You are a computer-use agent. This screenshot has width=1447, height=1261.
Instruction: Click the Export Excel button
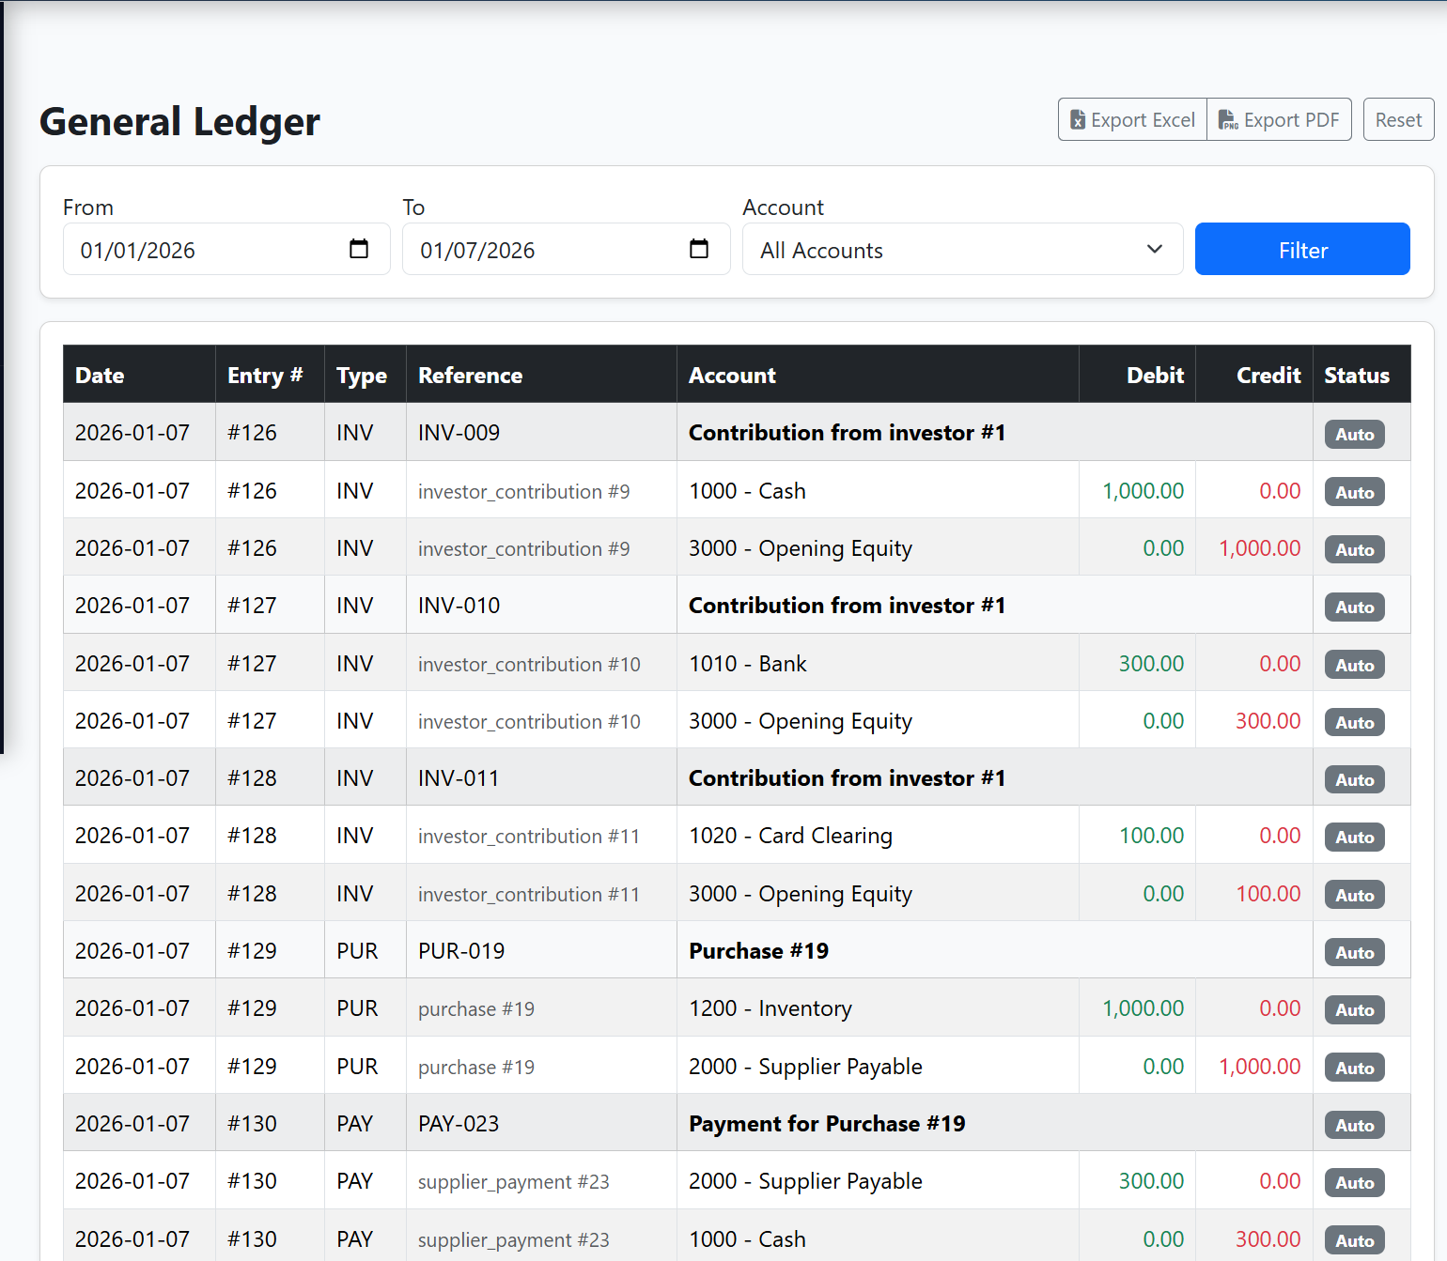coord(1132,120)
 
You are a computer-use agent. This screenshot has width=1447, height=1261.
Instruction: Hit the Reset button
coord(1398,120)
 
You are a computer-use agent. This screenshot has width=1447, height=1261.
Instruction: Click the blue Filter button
coord(1301,250)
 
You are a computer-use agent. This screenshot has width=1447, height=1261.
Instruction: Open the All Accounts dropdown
coord(961,250)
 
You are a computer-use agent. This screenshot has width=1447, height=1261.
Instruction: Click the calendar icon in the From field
coord(359,249)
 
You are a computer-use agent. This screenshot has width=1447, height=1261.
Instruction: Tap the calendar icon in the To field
coord(699,249)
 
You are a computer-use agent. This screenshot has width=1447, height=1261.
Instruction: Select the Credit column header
coord(1268,376)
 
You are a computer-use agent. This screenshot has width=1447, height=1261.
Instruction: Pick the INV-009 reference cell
coord(459,433)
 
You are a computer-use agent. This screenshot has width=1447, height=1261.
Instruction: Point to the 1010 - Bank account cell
coord(748,664)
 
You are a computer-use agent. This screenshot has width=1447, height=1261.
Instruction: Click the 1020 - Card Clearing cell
coord(790,836)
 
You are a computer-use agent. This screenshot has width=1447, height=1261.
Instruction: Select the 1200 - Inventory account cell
coord(770,1008)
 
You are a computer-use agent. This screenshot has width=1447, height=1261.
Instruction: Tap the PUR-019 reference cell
coord(461,951)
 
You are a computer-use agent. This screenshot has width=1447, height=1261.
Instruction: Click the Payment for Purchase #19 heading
coord(827,1124)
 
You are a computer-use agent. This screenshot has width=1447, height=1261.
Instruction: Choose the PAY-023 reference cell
coord(459,1124)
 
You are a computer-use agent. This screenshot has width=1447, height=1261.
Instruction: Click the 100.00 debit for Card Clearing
coord(1151,836)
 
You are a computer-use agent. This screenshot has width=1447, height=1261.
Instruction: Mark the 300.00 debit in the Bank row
coord(1151,664)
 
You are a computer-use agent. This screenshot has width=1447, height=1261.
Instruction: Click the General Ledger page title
coord(179,122)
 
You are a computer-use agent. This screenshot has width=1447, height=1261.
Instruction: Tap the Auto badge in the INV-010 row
coord(1354,607)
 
